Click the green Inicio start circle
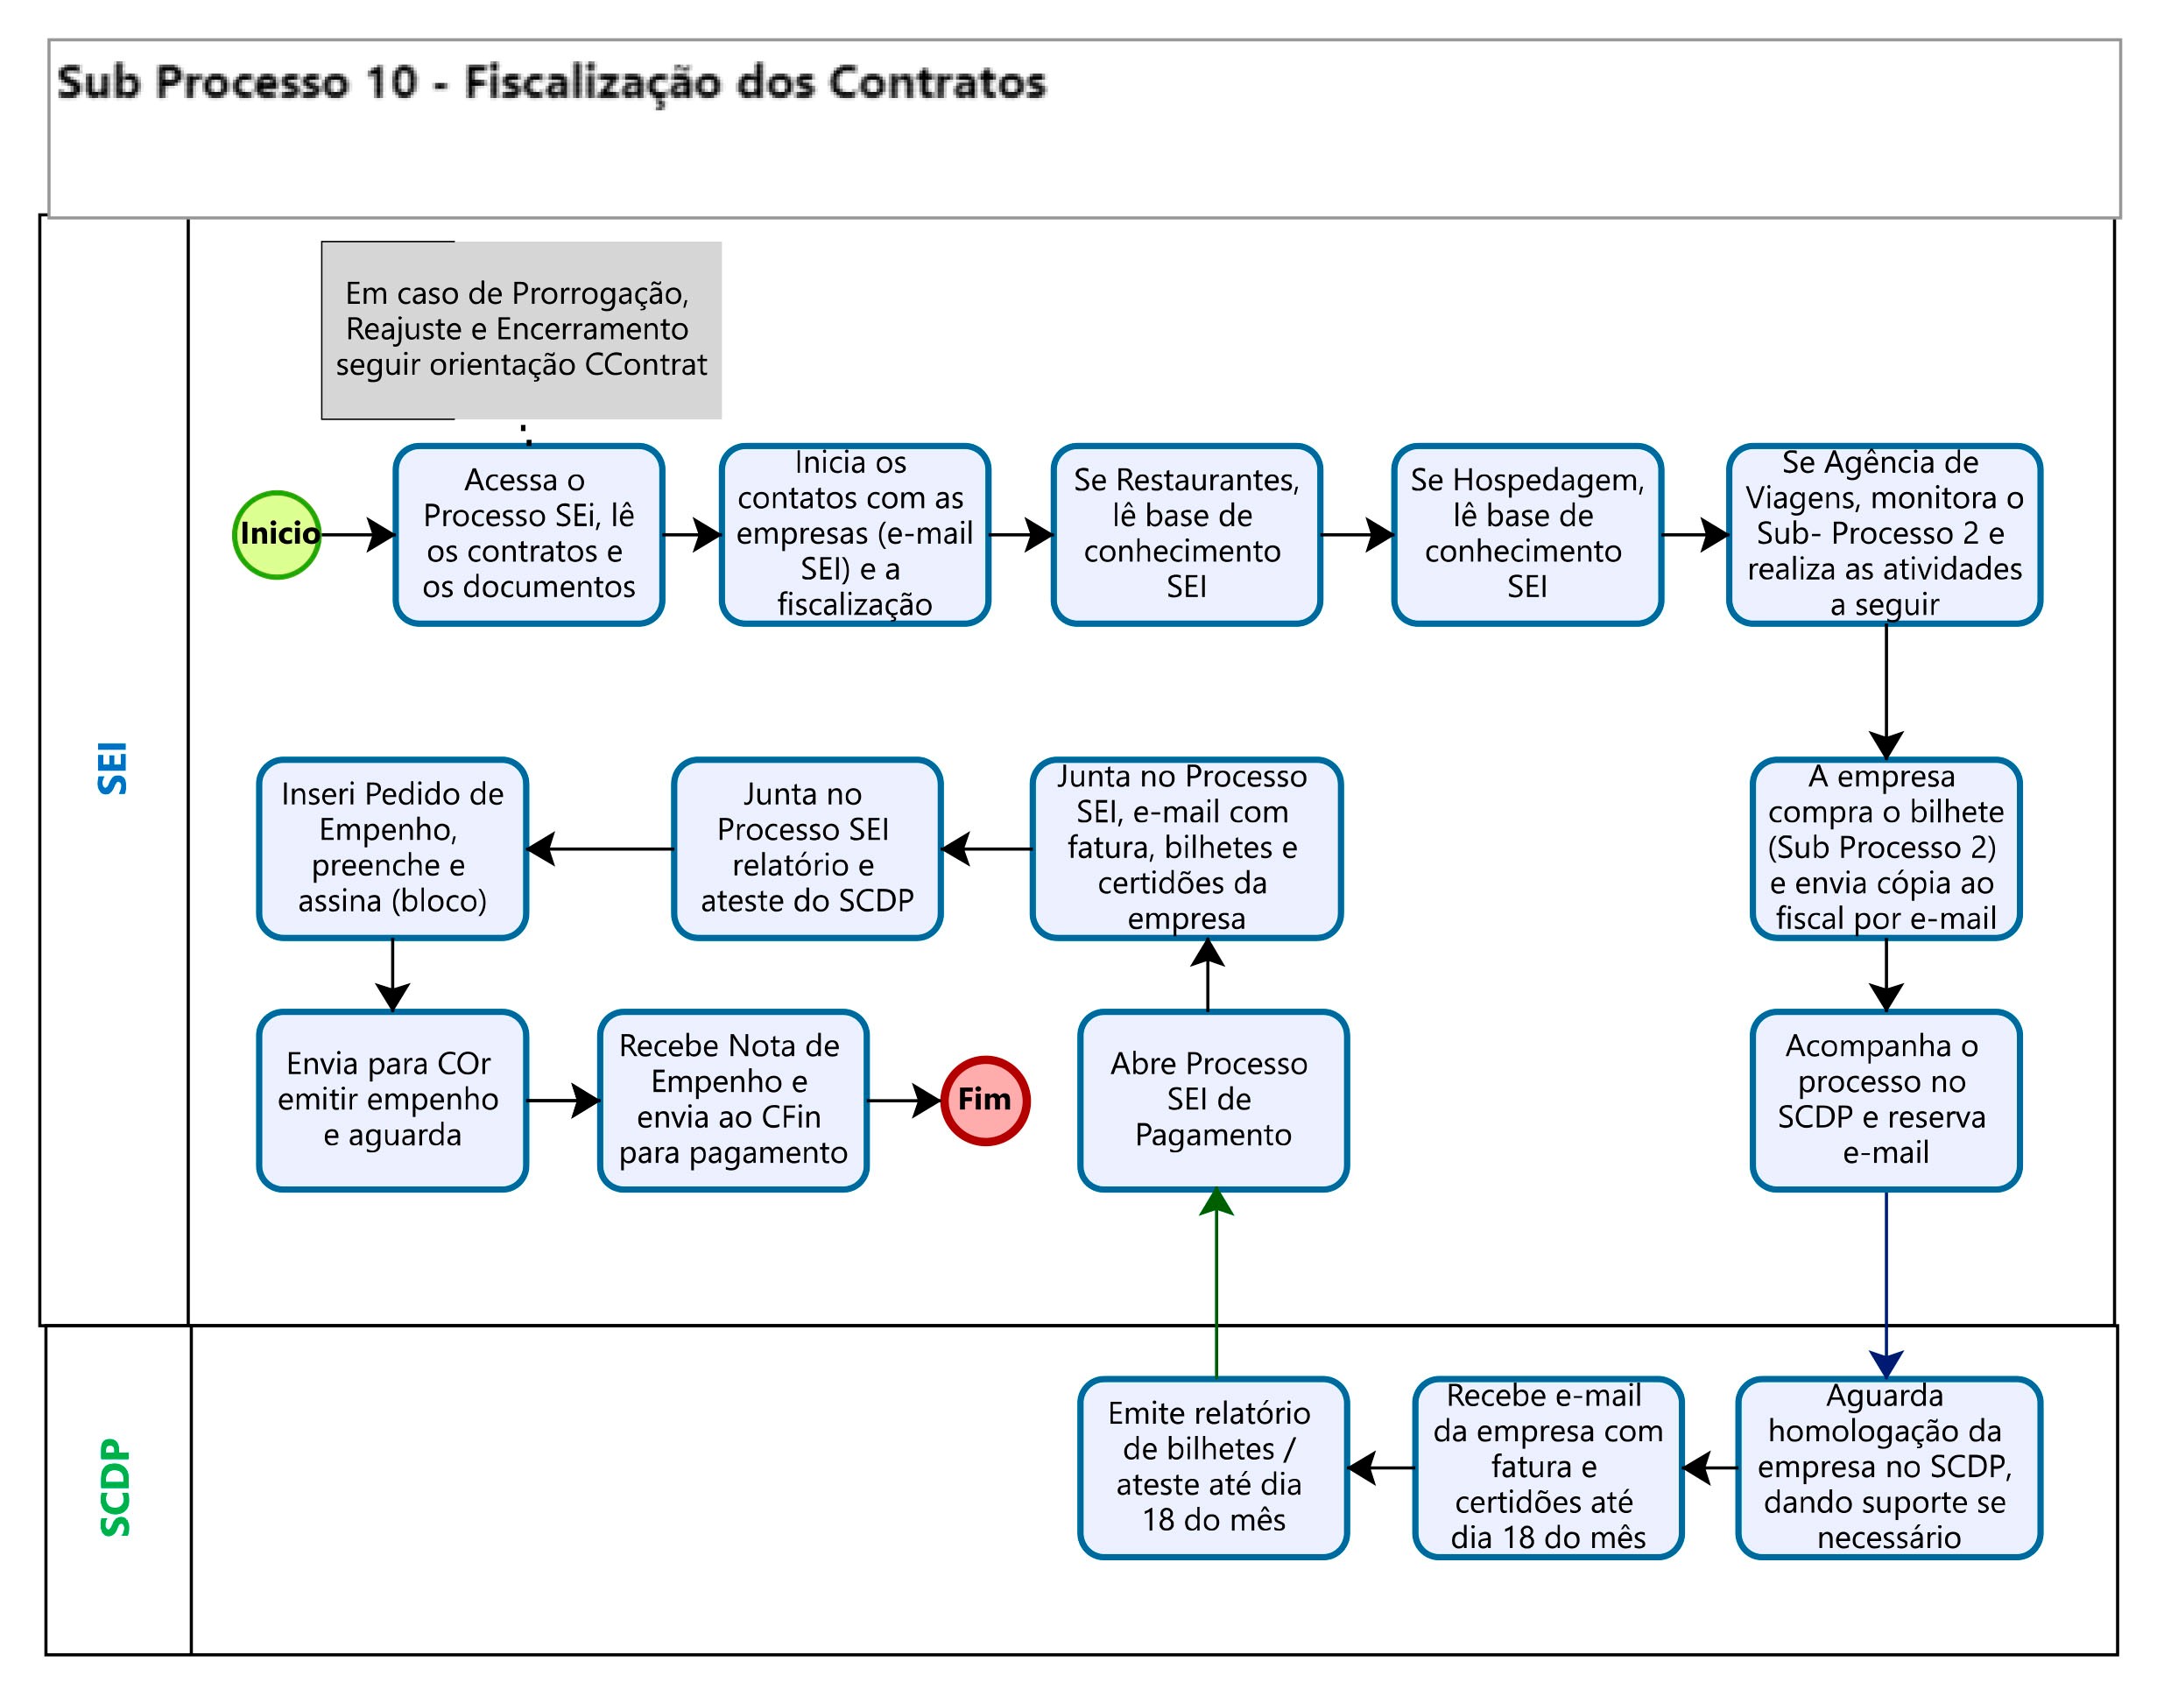point(277,535)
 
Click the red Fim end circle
point(984,1101)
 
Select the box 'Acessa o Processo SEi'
point(528,535)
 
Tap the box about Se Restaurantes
point(1186,535)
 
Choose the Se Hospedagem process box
point(1526,535)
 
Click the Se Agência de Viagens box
point(1884,535)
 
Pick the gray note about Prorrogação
point(521,329)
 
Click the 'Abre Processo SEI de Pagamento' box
point(1213,1101)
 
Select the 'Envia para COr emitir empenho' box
point(391,1101)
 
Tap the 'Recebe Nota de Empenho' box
point(733,1101)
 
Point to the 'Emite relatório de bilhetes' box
point(1213,1467)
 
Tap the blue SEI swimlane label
point(113,768)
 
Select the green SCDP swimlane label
point(116,1488)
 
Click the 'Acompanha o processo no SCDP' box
point(1885,1101)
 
